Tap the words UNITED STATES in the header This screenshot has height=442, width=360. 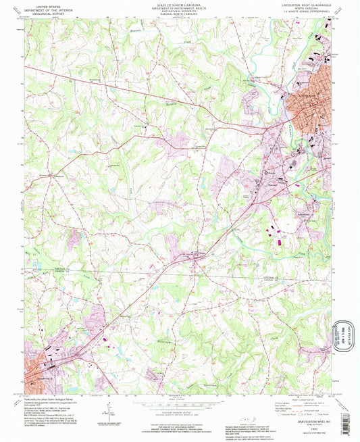(47, 5)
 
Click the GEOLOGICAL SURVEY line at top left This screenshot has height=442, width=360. (47, 14)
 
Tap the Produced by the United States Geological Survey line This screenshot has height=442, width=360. (51, 399)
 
